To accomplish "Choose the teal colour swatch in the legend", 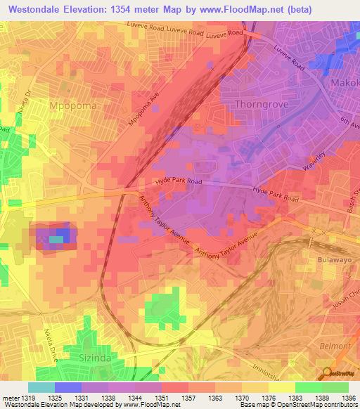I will [x=41, y=387].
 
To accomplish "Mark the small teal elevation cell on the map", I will [x=56, y=240].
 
